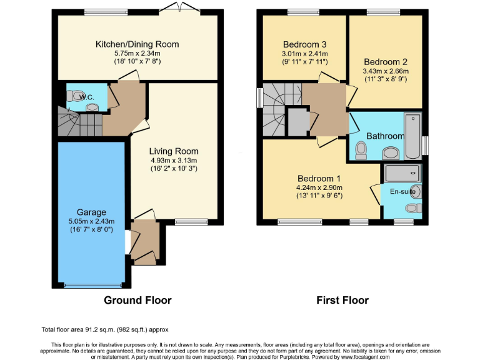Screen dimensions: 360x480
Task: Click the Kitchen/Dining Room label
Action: pyautogui.click(x=137, y=44)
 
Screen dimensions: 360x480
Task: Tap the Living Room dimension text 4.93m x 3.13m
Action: pyautogui.click(x=173, y=160)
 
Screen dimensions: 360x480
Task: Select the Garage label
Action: pyautogui.click(x=91, y=212)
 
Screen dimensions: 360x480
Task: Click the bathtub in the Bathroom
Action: pyautogui.click(x=413, y=136)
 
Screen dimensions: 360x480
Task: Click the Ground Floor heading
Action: pyautogui.click(x=137, y=301)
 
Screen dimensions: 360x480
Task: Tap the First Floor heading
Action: pyautogui.click(x=342, y=301)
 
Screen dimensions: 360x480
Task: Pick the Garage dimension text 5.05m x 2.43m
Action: pyautogui.click(x=91, y=222)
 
